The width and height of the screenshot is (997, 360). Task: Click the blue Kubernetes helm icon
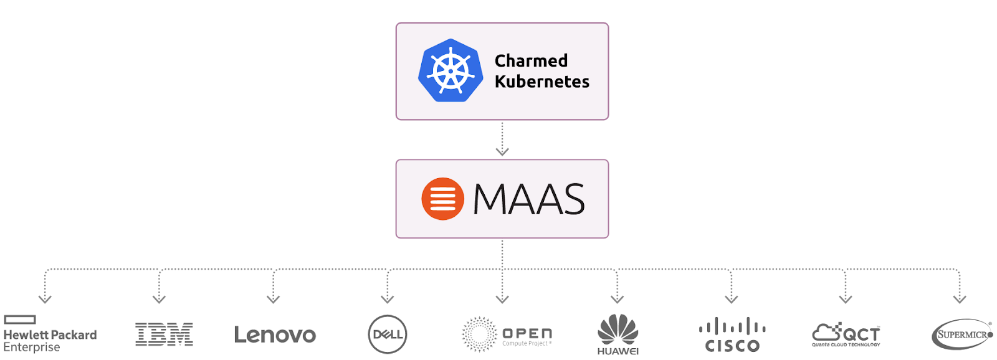point(451,70)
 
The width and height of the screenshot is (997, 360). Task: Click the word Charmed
point(531,60)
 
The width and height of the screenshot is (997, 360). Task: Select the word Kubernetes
point(541,82)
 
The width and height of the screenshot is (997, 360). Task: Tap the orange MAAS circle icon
point(442,199)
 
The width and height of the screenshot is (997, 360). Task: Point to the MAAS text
point(528,199)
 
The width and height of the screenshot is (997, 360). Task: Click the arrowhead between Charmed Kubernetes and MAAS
point(502,151)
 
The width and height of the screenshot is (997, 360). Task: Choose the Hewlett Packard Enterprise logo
point(50,334)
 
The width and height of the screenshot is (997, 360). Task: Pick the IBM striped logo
point(164,334)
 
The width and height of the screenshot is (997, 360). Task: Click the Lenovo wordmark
point(275,335)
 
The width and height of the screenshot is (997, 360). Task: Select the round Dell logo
point(387,334)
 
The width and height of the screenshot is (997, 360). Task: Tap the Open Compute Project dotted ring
point(479,334)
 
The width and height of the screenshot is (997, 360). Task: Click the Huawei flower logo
point(618,330)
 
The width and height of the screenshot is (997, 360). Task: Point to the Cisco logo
point(732,335)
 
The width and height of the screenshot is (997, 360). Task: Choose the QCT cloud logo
point(846,334)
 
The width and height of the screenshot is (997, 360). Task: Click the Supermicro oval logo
point(961,334)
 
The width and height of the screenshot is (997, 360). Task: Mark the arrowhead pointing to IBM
point(160,299)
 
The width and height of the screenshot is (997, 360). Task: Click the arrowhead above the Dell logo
point(388,299)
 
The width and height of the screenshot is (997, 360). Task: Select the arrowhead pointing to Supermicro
point(960,299)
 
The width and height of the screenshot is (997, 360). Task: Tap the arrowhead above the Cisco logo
point(732,299)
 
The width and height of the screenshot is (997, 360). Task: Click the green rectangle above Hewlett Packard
point(20,320)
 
